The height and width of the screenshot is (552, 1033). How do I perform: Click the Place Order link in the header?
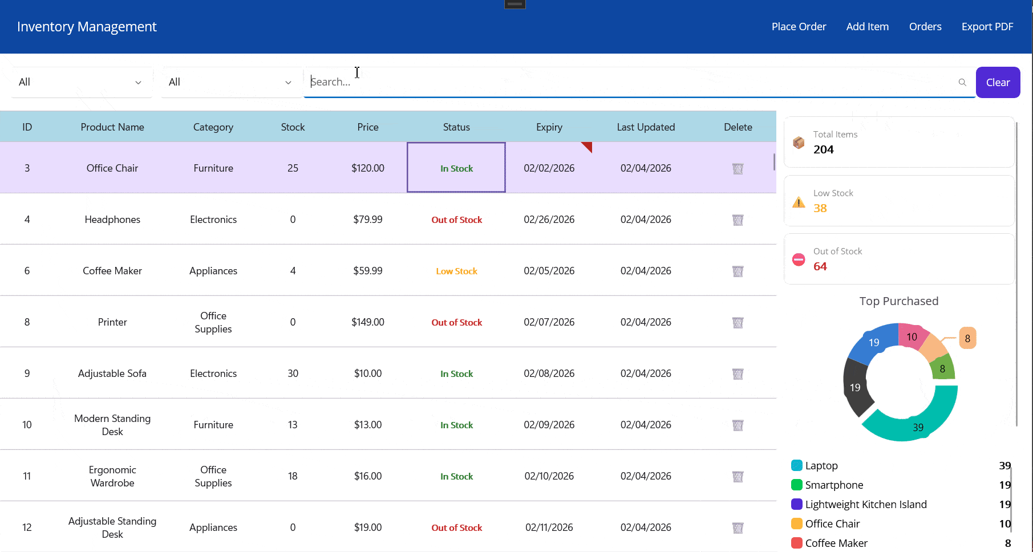pyautogui.click(x=799, y=27)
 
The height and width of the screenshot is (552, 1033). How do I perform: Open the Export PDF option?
pyautogui.click(x=987, y=27)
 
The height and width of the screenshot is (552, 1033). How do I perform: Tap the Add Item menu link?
pyautogui.click(x=867, y=27)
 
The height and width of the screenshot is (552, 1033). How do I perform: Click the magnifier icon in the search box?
pyautogui.click(x=962, y=83)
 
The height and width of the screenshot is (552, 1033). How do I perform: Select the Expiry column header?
pyautogui.click(x=549, y=127)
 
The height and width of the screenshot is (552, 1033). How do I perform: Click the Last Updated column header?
pyautogui.click(x=646, y=127)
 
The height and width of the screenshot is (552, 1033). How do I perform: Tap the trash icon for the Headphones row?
pyautogui.click(x=738, y=220)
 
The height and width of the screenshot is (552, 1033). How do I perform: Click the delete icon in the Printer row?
pyautogui.click(x=738, y=323)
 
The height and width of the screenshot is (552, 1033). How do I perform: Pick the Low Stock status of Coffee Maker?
pyautogui.click(x=456, y=271)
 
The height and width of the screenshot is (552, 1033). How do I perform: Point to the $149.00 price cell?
pyautogui.click(x=368, y=322)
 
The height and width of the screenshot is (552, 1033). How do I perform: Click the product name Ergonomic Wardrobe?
pyautogui.click(x=112, y=476)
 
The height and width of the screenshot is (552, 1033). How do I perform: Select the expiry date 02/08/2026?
pyautogui.click(x=549, y=374)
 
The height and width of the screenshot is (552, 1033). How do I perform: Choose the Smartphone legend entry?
pyautogui.click(x=834, y=485)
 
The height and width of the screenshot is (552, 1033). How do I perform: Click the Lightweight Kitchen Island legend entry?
pyautogui.click(x=865, y=505)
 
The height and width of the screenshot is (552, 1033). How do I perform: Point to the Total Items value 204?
pyautogui.click(x=823, y=150)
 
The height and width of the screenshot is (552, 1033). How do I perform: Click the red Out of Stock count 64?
pyautogui.click(x=820, y=266)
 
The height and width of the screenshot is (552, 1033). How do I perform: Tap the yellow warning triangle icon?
pyautogui.click(x=799, y=202)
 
